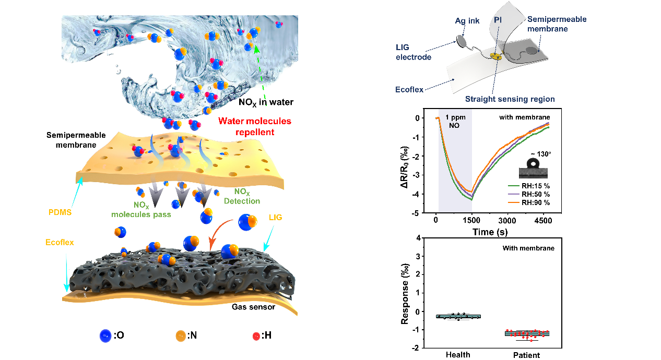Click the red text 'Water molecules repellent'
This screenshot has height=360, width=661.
coord(246,126)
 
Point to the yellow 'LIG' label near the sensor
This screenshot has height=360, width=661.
coord(275,217)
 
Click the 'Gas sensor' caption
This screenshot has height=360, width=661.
coord(253,306)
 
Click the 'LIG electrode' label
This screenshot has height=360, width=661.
coord(413,53)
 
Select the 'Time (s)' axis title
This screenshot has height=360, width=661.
coord(490,231)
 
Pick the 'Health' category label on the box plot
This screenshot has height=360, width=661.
coord(458,355)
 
